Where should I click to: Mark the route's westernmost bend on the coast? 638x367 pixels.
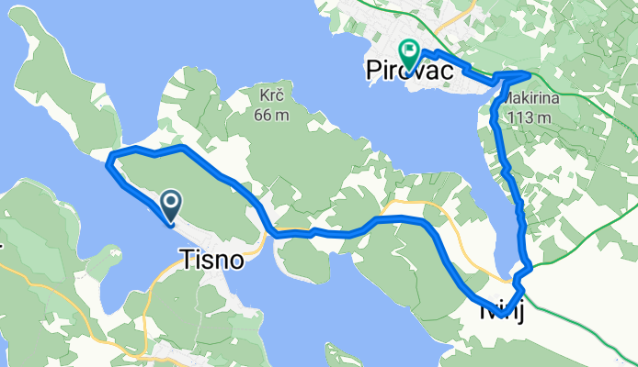(x=109, y=162)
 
